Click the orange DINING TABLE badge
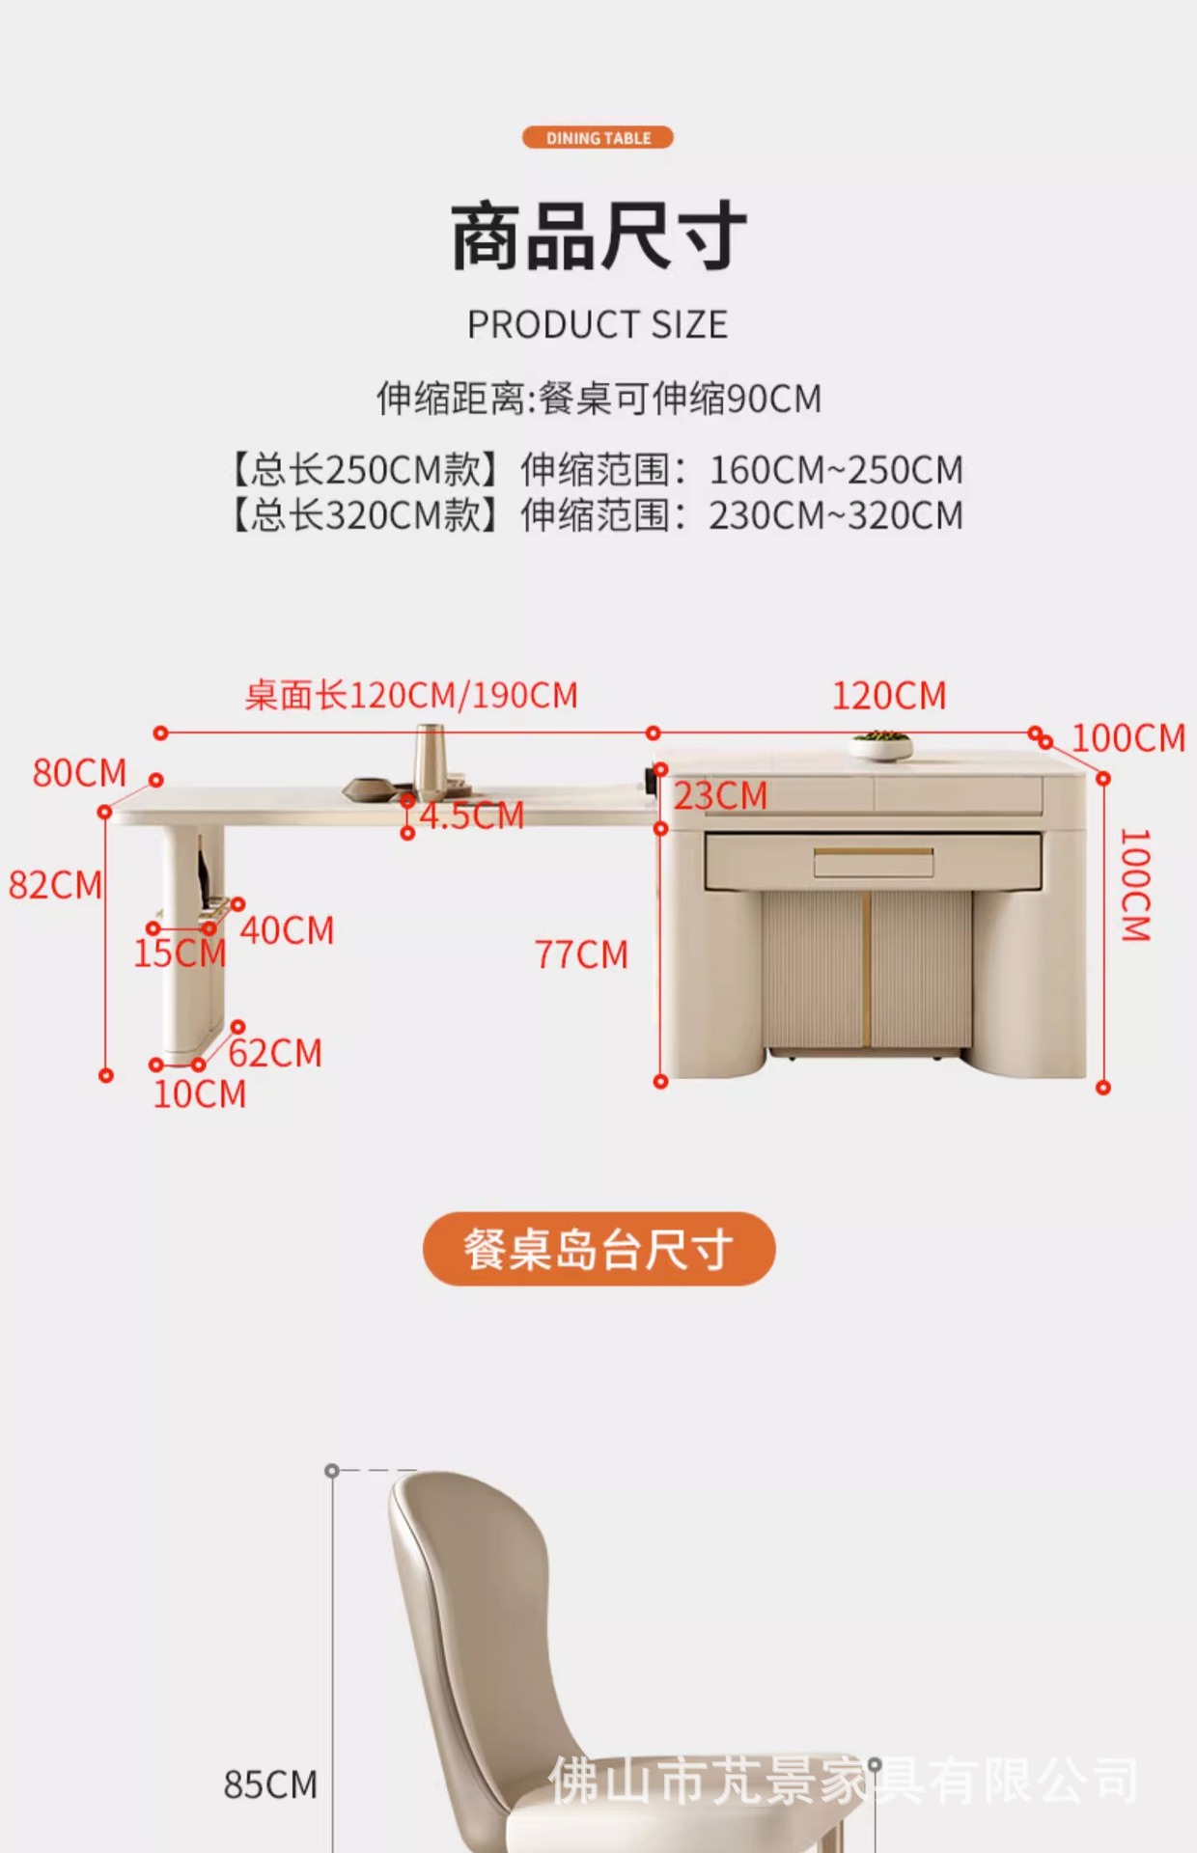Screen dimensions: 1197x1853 click(x=598, y=138)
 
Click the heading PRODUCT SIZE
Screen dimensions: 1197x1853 click(x=598, y=325)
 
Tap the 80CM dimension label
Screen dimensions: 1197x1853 click(x=79, y=773)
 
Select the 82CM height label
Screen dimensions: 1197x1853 click(x=55, y=885)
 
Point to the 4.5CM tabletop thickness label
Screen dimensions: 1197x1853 click(x=471, y=816)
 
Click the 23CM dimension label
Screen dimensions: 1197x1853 click(x=720, y=796)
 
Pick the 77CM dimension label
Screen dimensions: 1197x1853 click(x=581, y=954)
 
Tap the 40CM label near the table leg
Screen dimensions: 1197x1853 click(x=287, y=930)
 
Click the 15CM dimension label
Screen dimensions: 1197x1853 click(x=180, y=954)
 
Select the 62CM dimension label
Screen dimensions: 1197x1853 click(x=275, y=1053)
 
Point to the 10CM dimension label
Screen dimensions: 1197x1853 click(x=200, y=1094)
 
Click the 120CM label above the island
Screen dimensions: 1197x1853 click(x=889, y=696)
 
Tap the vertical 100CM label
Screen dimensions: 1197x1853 click(x=1135, y=884)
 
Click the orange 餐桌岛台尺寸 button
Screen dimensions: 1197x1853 click(x=598, y=1249)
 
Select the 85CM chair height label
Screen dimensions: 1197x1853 click(x=270, y=1785)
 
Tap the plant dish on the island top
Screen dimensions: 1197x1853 click(x=880, y=744)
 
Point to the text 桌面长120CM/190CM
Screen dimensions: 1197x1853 click(x=411, y=695)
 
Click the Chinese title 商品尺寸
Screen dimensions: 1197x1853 click(x=598, y=237)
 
